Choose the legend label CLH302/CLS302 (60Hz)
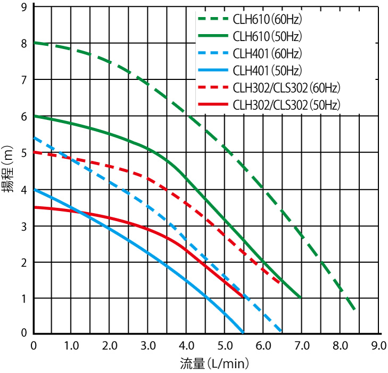(287, 87)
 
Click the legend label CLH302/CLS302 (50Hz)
(287, 104)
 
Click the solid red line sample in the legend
(212, 104)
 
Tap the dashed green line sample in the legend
(212, 21)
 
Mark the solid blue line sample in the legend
(212, 70)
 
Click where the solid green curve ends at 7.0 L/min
(301, 297)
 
